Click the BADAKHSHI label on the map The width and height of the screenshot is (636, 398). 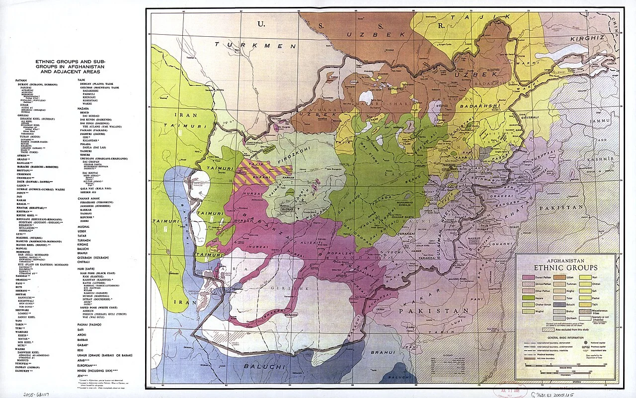point(475,106)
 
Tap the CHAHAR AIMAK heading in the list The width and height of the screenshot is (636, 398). point(88,198)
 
